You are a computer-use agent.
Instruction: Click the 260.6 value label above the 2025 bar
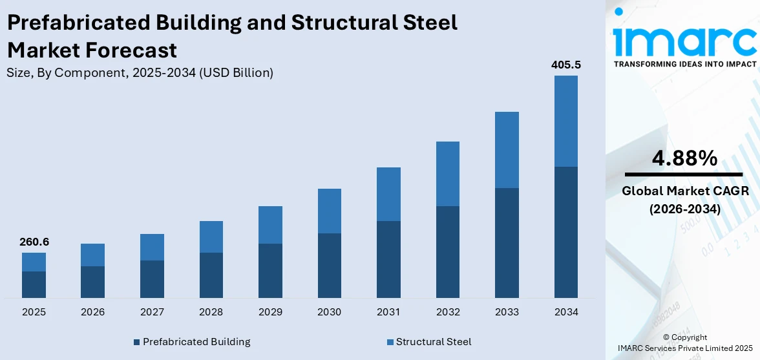pyautogui.click(x=34, y=242)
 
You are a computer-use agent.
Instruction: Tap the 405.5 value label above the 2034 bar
pyautogui.click(x=565, y=65)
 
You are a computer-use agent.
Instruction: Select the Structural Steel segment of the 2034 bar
pyautogui.click(x=565, y=121)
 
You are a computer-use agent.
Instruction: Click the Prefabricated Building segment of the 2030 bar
pyautogui.click(x=329, y=265)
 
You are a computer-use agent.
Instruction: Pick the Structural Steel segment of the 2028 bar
pyautogui.click(x=211, y=237)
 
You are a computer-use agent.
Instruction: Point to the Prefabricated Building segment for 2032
pyautogui.click(x=447, y=251)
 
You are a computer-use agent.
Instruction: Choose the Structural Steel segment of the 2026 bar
pyautogui.click(x=92, y=255)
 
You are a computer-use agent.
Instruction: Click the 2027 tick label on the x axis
pyautogui.click(x=152, y=312)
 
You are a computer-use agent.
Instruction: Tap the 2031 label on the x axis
pyautogui.click(x=388, y=312)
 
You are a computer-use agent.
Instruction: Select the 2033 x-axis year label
pyautogui.click(x=507, y=312)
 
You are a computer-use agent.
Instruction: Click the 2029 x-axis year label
pyautogui.click(x=270, y=312)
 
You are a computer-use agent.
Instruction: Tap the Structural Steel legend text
pyautogui.click(x=434, y=342)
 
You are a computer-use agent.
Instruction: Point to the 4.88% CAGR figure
pyautogui.click(x=684, y=158)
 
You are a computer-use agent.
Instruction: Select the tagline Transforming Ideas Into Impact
pyautogui.click(x=684, y=64)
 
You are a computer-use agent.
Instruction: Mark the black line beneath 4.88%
pyautogui.click(x=684, y=175)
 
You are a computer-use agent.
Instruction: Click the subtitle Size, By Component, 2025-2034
pyautogui.click(x=140, y=73)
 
